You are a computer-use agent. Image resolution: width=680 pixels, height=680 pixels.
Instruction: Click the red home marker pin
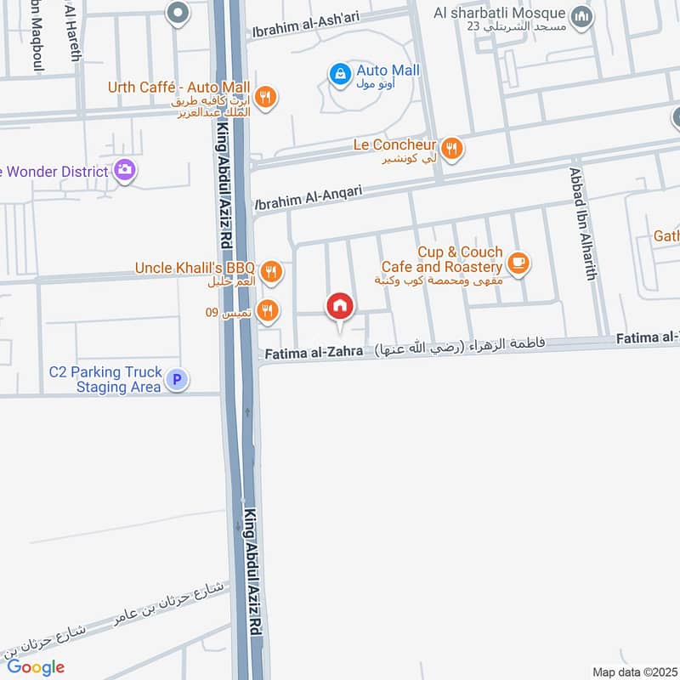[x=340, y=306]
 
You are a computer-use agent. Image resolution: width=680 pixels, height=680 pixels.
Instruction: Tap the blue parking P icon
[x=176, y=380]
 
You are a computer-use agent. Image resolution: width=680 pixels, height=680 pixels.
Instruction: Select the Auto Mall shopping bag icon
[x=340, y=75]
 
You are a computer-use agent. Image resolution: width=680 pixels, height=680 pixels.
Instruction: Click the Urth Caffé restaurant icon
[x=266, y=97]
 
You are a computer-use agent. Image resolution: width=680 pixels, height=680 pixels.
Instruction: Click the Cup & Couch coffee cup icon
[x=520, y=263]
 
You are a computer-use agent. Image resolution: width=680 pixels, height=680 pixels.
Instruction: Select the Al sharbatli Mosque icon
[x=581, y=16]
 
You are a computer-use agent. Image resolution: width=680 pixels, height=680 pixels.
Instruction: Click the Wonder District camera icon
[x=126, y=171]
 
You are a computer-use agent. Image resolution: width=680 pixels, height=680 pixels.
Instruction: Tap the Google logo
[x=37, y=667]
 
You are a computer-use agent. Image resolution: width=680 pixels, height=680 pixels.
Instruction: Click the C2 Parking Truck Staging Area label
[x=105, y=379]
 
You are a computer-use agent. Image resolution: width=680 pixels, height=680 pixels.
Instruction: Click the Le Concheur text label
[x=395, y=145]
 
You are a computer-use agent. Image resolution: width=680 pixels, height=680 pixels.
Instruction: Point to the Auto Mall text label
[x=388, y=71]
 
